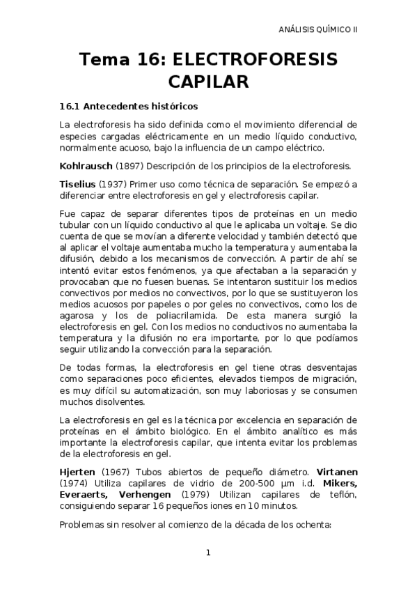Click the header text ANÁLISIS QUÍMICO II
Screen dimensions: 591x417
(318, 31)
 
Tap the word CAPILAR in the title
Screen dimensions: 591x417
(209, 82)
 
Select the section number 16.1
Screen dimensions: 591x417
(71, 107)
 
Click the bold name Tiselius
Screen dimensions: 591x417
(78, 184)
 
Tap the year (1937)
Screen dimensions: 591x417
(113, 184)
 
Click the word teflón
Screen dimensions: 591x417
(341, 496)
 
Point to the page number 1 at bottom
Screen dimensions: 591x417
(208, 553)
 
